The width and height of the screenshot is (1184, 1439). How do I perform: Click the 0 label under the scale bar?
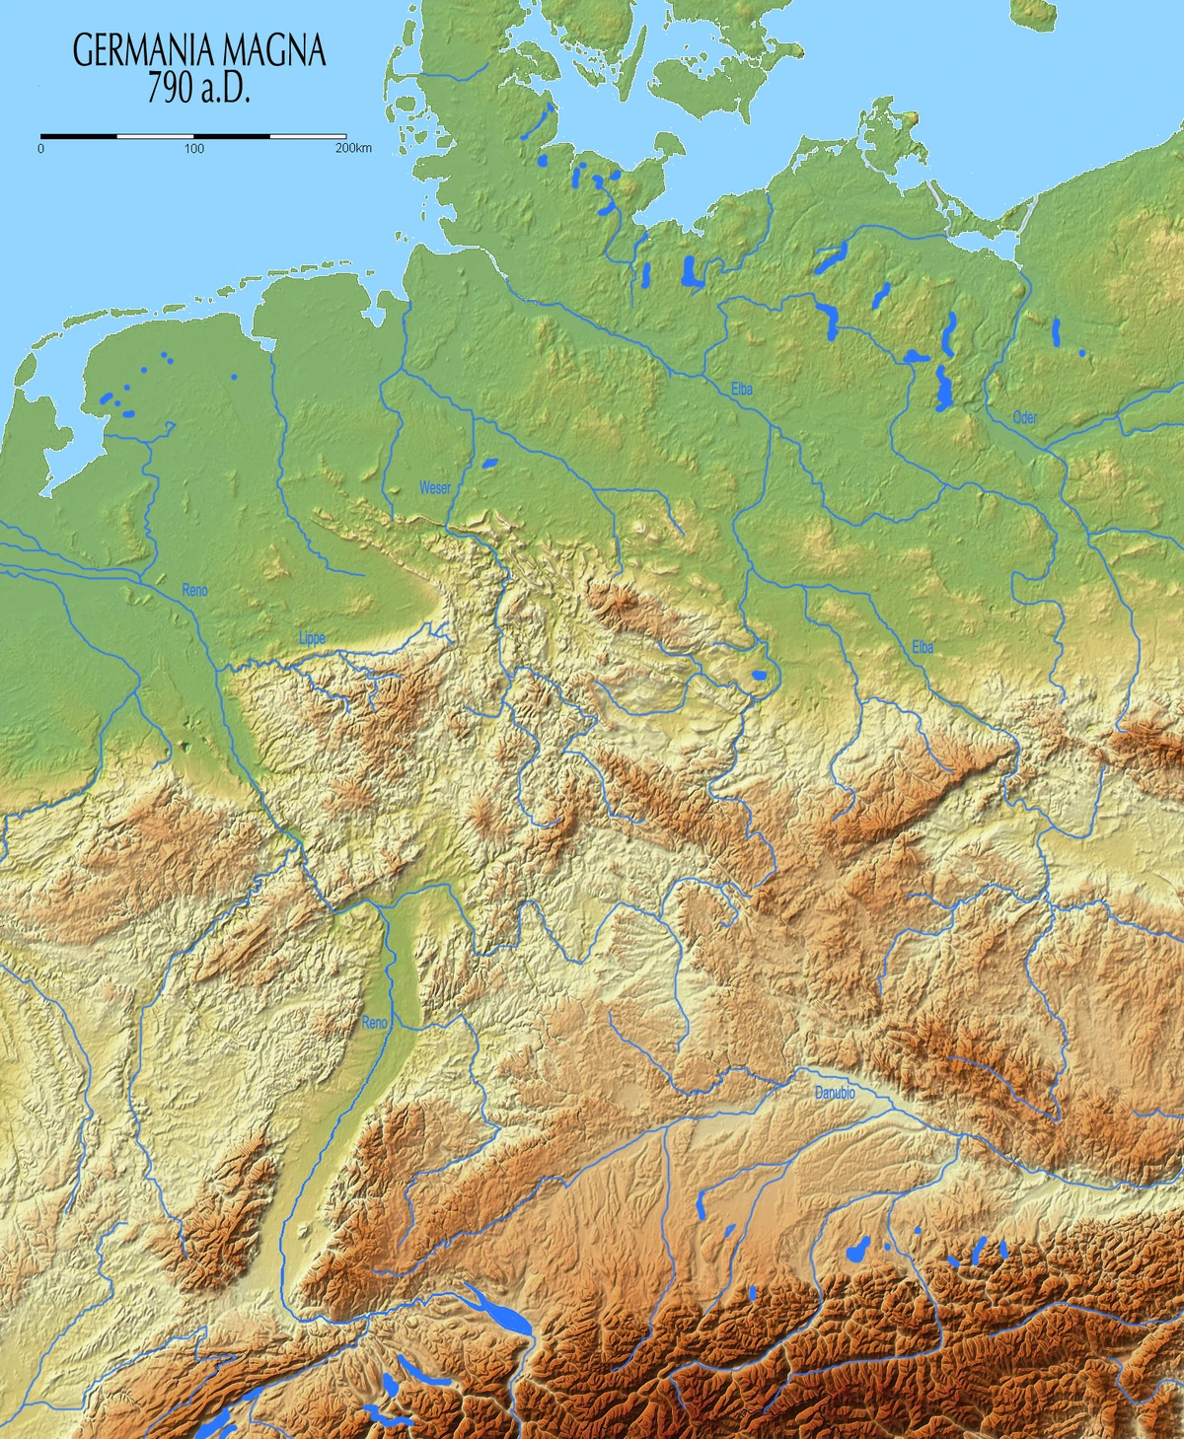40,149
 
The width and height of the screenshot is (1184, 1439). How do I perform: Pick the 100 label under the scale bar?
193,149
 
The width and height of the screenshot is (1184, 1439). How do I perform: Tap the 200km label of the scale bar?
353,149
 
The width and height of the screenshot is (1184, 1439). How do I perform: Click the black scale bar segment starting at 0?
79,134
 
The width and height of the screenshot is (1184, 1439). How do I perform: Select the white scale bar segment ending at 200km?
307,134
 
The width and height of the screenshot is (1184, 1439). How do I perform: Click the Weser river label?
435,488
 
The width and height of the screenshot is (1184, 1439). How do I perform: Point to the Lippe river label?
312,639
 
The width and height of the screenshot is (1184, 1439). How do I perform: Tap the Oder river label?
1025,418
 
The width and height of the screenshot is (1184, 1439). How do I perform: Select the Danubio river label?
835,1094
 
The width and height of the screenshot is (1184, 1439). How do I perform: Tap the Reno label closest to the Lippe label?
195,590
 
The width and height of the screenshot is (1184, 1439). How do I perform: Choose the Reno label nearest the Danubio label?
375,1023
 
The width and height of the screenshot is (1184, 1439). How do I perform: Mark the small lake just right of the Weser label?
489,462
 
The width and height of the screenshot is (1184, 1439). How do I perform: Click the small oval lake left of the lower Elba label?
759,676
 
